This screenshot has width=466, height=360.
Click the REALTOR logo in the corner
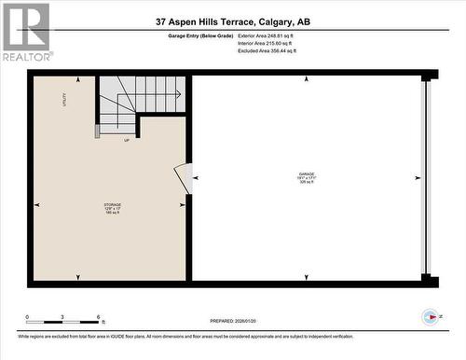click(x=25, y=32)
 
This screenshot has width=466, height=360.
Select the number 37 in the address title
click(x=163, y=21)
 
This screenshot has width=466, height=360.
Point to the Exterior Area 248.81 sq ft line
click(x=278, y=37)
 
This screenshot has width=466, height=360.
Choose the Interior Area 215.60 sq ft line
click(x=278, y=45)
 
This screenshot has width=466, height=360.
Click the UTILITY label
click(x=64, y=99)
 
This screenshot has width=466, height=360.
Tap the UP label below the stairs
click(x=127, y=141)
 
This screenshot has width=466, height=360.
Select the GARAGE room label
click(x=306, y=173)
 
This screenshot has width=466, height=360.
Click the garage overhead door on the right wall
click(x=427, y=177)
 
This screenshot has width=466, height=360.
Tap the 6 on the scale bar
click(x=100, y=317)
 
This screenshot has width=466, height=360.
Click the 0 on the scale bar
click(x=27, y=317)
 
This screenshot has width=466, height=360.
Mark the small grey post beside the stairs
click(x=96, y=129)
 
